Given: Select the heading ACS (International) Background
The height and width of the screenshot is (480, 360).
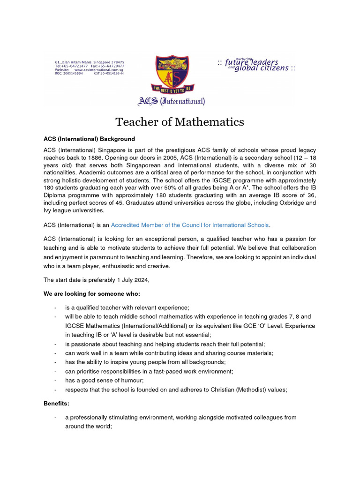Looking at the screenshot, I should click(x=89, y=139).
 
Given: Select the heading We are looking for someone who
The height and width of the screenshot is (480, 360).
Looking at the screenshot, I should click(x=91, y=294).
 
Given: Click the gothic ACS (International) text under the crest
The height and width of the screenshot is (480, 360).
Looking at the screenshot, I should click(x=171, y=101).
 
